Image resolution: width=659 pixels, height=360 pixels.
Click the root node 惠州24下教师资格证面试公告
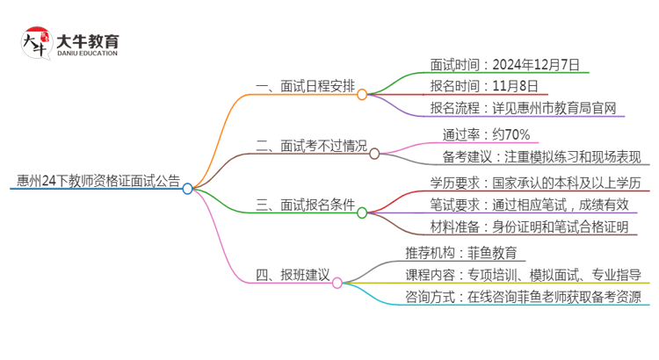98,183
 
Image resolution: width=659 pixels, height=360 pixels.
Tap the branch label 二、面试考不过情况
310,147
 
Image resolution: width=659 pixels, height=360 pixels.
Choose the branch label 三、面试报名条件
304,205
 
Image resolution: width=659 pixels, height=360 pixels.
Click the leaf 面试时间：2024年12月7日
504,64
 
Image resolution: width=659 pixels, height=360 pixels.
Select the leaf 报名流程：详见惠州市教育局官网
523,109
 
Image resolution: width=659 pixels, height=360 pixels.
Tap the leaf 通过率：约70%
486,134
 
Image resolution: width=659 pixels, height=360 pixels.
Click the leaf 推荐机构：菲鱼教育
465,253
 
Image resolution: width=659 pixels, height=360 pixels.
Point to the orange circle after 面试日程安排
362,94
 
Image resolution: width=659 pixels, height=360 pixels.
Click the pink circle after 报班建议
337,283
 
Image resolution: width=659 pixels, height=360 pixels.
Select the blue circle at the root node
187,189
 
